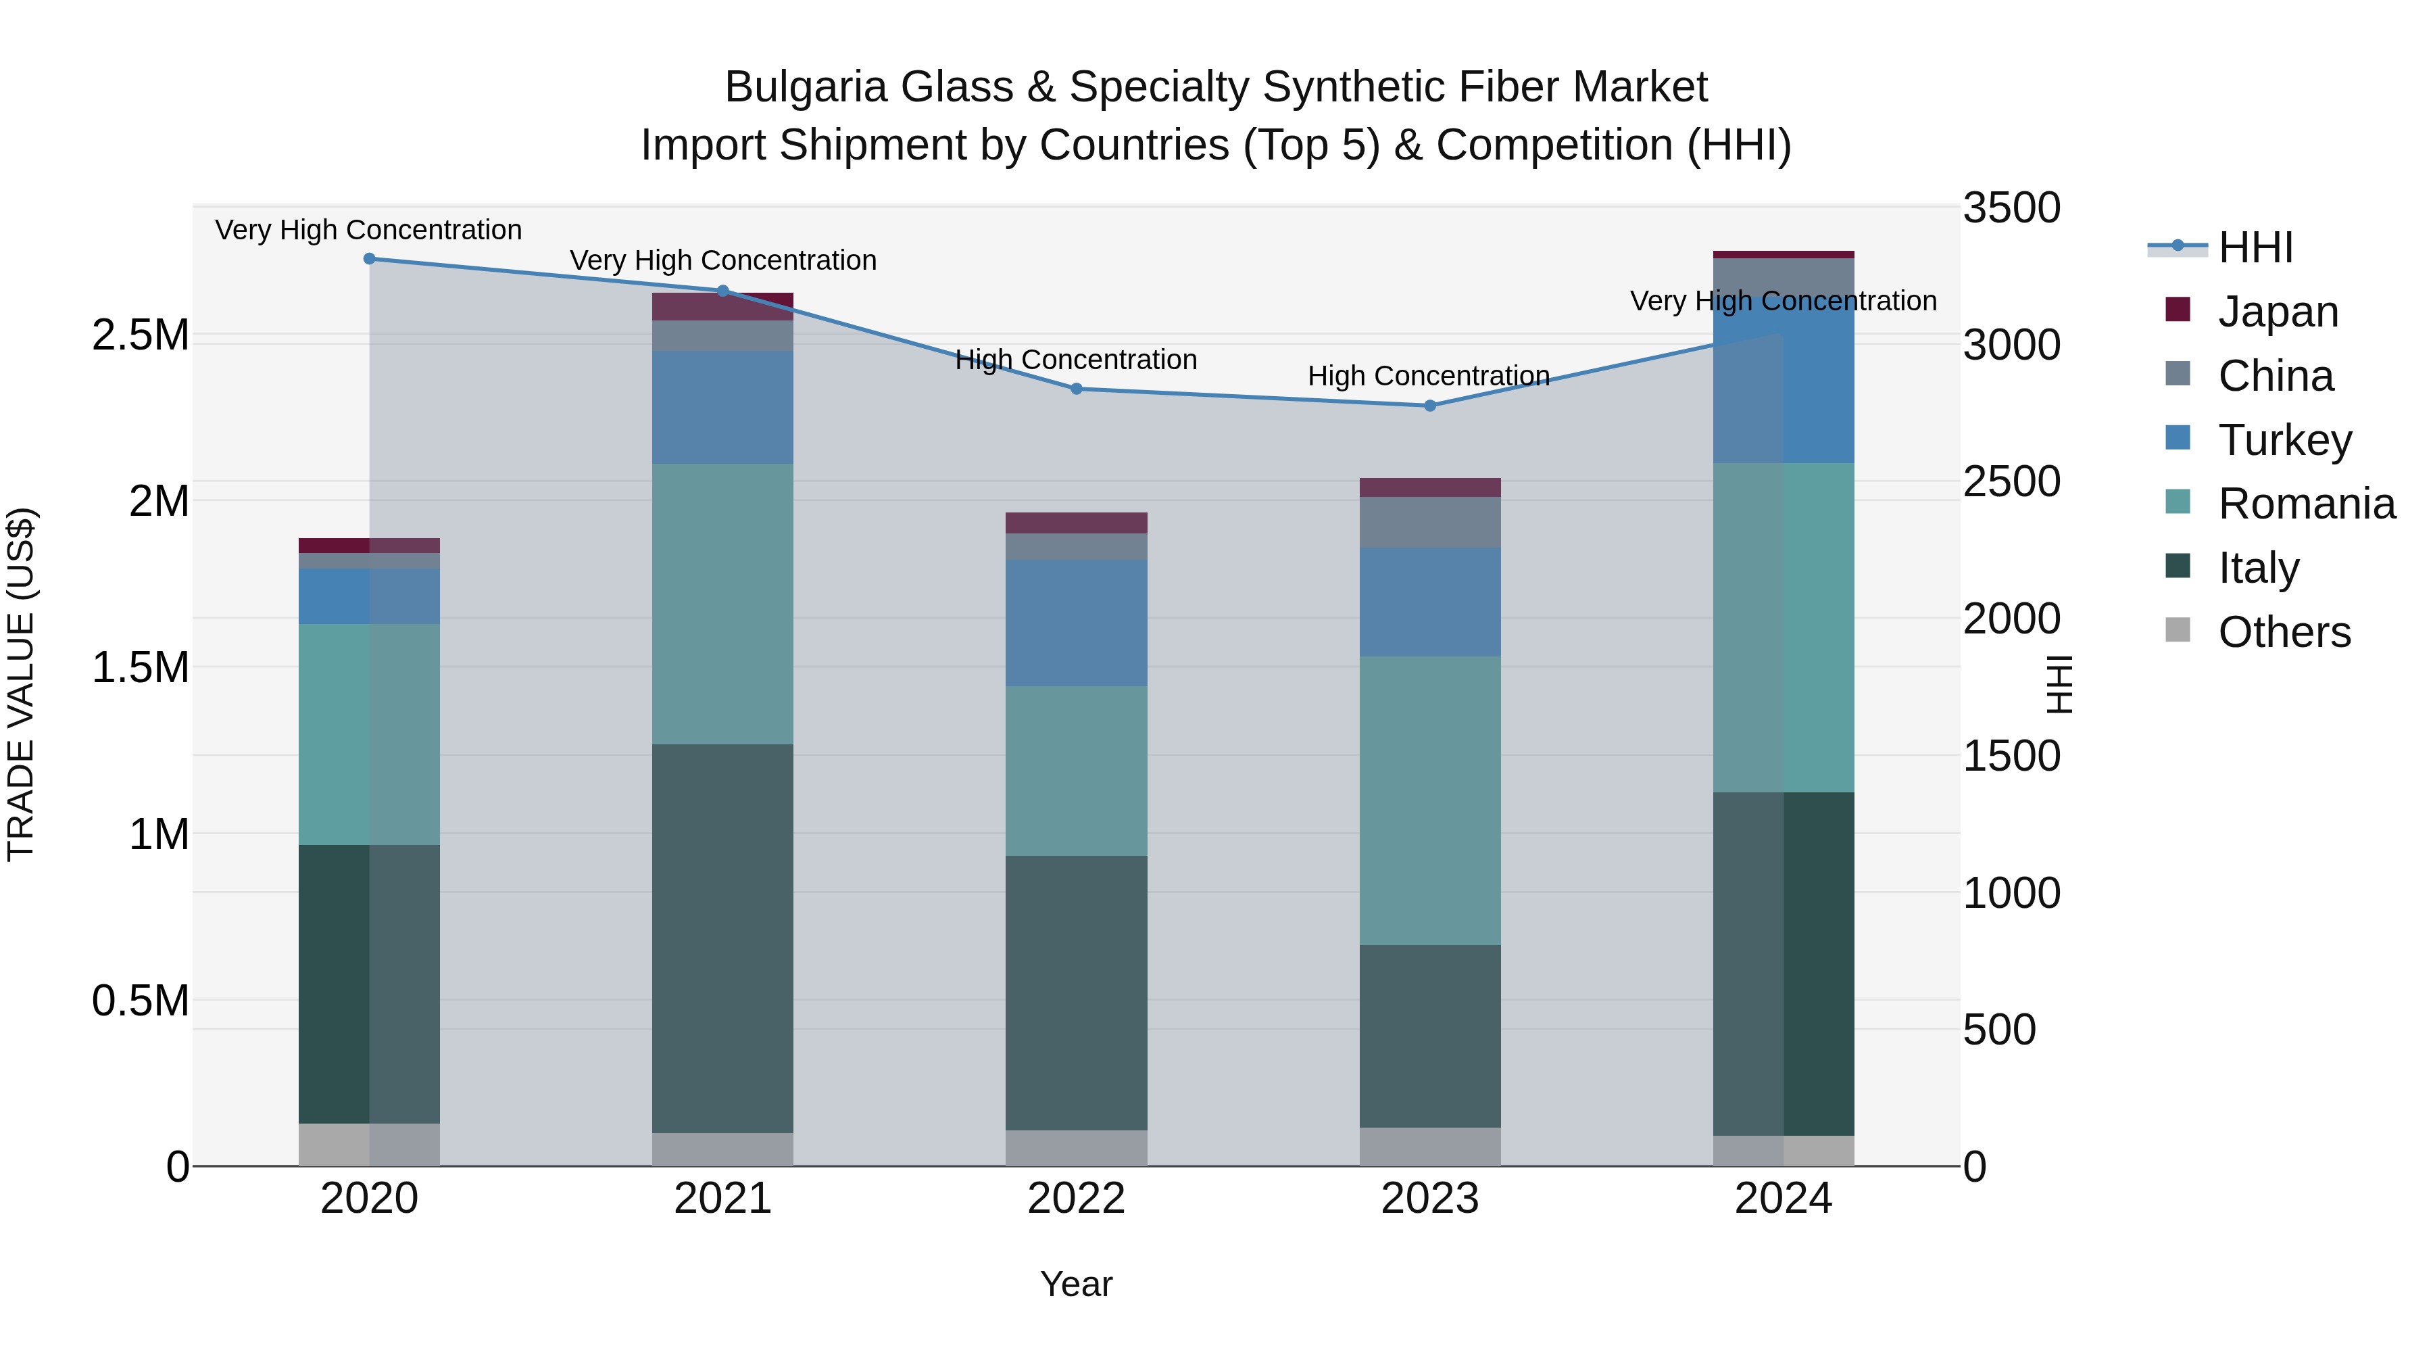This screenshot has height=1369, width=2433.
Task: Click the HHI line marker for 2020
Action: click(x=369, y=258)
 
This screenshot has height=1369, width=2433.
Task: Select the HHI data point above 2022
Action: click(x=1076, y=388)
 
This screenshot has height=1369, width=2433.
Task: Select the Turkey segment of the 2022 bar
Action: click(x=1076, y=622)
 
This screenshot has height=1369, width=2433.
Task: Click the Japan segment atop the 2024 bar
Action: click(x=1784, y=254)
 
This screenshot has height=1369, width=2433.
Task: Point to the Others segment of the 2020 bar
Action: click(x=369, y=1143)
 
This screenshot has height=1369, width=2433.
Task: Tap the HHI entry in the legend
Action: click(x=2255, y=247)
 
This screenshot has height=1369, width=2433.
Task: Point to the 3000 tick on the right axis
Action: click(x=2011, y=344)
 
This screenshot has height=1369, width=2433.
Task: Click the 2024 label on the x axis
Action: click(x=1784, y=1198)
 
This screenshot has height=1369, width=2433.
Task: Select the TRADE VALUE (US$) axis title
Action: click(x=21, y=684)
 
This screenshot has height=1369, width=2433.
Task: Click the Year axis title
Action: click(x=1076, y=1284)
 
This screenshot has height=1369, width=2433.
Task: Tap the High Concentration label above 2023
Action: click(x=1428, y=376)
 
